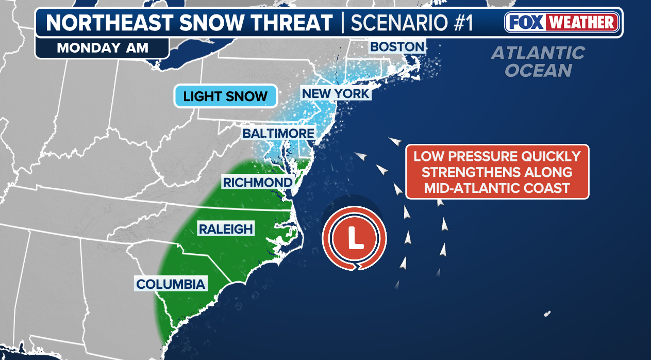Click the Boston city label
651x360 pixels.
(x=397, y=47)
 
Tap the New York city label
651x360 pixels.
(x=336, y=93)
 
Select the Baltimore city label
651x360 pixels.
(x=278, y=134)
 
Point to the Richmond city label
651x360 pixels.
(x=258, y=182)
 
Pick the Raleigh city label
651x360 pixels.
(x=226, y=229)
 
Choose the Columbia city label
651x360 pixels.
(x=171, y=284)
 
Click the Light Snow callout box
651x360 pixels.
(x=226, y=96)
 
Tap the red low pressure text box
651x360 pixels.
(x=497, y=172)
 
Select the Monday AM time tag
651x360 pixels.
(x=103, y=48)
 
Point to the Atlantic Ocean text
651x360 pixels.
(x=538, y=61)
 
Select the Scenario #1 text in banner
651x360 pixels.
(x=411, y=23)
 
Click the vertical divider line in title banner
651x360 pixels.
(x=342, y=23)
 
